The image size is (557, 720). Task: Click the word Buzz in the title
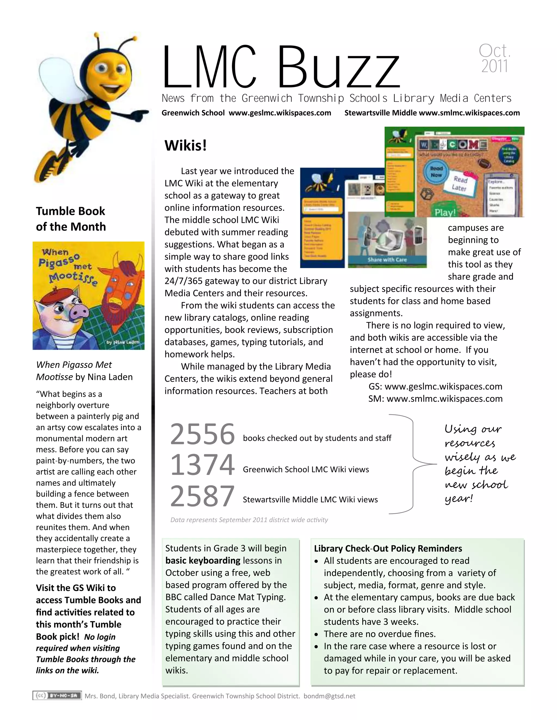338,68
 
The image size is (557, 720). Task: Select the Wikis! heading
186,145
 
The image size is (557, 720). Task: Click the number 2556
202,434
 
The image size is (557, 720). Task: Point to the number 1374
202,465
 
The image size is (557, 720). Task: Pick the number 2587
202,496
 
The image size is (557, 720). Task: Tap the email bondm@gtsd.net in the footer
329,696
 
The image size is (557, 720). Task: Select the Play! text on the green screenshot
445,212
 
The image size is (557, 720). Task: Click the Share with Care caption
387,259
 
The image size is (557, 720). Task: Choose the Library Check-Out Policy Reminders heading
388,549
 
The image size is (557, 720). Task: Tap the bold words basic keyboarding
203,561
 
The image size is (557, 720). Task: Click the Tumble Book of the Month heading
71,218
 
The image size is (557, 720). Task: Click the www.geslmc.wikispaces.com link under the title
280,113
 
